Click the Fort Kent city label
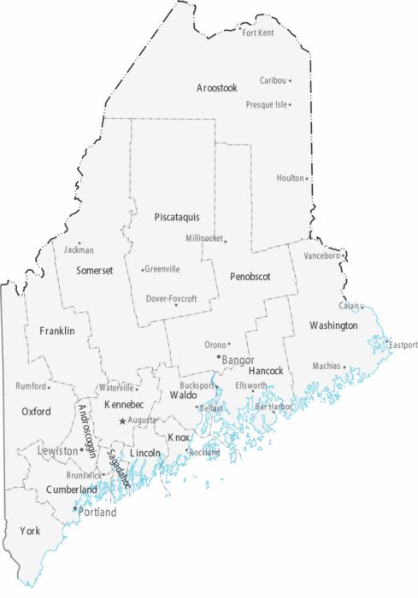tap(258, 32)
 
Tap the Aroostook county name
tap(216, 88)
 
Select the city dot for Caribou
tap(290, 80)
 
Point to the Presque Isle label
tap(266, 104)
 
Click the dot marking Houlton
tap(307, 179)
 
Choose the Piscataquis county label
tap(177, 217)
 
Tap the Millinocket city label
tap(203, 237)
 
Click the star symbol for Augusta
tap(122, 420)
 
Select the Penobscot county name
tap(250, 278)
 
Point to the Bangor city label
tap(238, 360)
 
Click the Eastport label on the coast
tap(403, 345)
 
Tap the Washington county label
tap(333, 325)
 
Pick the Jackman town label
tap(79, 250)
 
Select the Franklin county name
tap(56, 330)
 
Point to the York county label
tap(30, 531)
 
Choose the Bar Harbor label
tap(274, 407)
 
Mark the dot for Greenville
tap(142, 270)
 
